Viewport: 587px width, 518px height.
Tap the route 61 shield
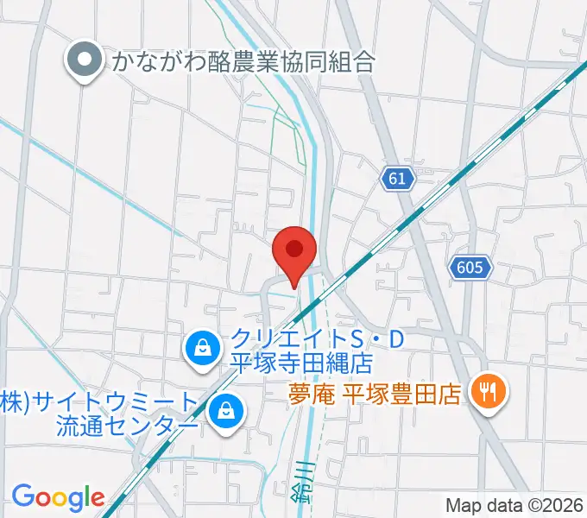(x=397, y=179)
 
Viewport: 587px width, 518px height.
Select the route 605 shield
(x=470, y=268)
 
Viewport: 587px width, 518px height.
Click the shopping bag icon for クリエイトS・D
(x=201, y=349)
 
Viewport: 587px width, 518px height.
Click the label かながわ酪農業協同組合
(x=242, y=61)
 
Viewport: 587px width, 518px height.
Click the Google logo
(x=58, y=497)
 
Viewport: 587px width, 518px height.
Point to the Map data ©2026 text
(x=514, y=505)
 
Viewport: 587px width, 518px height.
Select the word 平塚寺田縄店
(x=300, y=363)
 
